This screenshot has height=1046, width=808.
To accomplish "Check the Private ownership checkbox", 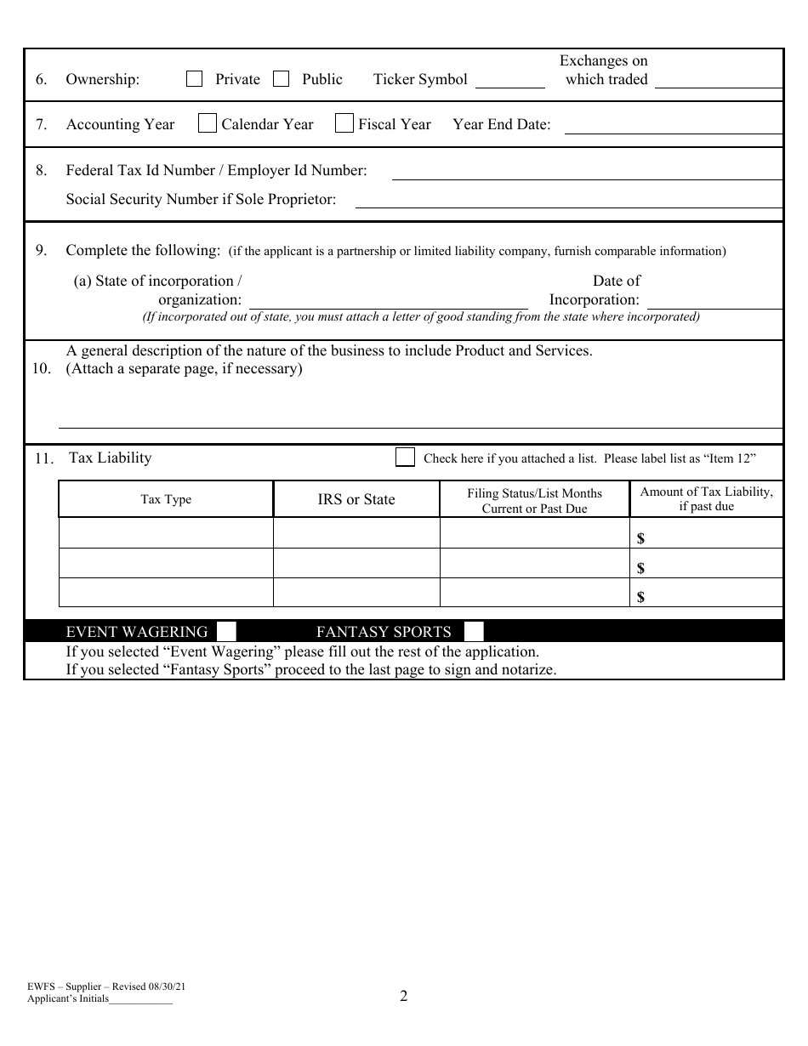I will pyautogui.click(x=195, y=79).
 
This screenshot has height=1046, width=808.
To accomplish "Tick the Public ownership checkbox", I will pyautogui.click(x=282, y=79).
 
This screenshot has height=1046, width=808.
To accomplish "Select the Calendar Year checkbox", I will pyautogui.click(x=207, y=123).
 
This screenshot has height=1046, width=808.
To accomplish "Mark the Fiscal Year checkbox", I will pyautogui.click(x=344, y=123).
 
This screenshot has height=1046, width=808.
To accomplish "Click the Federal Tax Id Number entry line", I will pyautogui.click(x=586, y=173).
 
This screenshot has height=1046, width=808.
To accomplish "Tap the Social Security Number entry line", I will pyautogui.click(x=568, y=202).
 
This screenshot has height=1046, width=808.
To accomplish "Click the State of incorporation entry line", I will pyautogui.click(x=388, y=303).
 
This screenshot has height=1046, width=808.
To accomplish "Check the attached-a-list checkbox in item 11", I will pyautogui.click(x=405, y=458).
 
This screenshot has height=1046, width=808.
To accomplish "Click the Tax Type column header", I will pyautogui.click(x=166, y=499).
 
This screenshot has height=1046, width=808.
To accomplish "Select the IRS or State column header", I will pyautogui.click(x=356, y=499).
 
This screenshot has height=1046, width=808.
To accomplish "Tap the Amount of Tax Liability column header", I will pyautogui.click(x=706, y=499).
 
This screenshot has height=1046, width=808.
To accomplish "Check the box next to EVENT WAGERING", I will pyautogui.click(x=226, y=631).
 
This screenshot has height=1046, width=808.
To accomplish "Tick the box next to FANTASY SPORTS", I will pyautogui.click(x=474, y=631).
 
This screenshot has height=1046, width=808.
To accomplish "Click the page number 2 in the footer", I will pyautogui.click(x=404, y=996).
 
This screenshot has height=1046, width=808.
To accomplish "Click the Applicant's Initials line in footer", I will pyautogui.click(x=140, y=1002).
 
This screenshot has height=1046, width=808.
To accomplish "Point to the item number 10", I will pyautogui.click(x=41, y=368).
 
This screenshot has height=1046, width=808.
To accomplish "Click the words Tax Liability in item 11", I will pyautogui.click(x=110, y=458).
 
